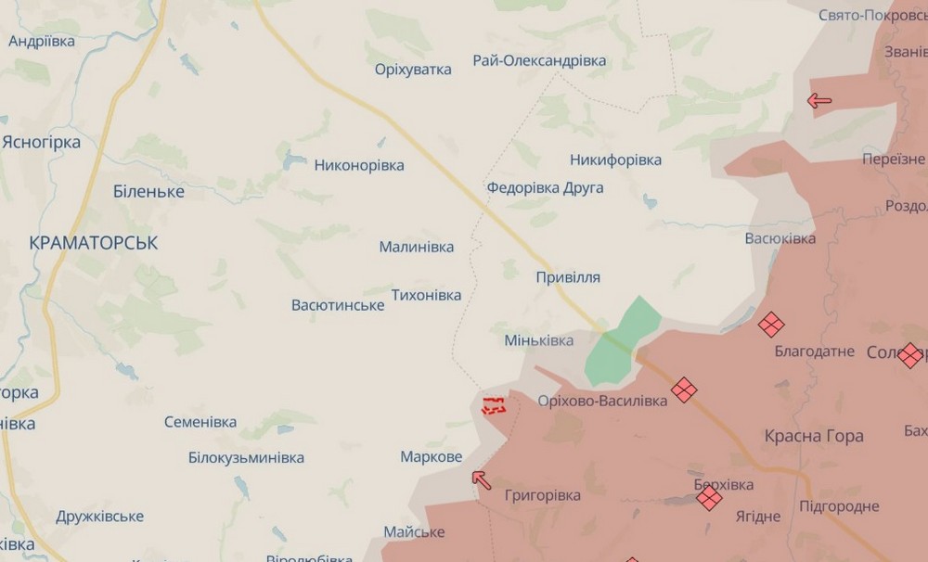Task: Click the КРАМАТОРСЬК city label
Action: coord(94,243)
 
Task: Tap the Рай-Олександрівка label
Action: coord(539,61)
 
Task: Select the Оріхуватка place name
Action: coord(413,70)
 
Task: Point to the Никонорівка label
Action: coord(359,166)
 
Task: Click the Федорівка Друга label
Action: coord(545,188)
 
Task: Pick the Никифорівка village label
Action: coord(615,160)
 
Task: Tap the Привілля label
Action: coord(568,277)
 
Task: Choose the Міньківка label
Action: coord(538,341)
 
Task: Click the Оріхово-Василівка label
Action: coord(602,402)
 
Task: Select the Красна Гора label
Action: coord(814,436)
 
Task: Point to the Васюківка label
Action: coord(780,239)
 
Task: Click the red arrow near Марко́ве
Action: coord(481,479)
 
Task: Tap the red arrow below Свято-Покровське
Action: coord(818,100)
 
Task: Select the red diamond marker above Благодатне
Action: coord(770,325)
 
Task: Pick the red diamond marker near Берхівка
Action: coord(709,498)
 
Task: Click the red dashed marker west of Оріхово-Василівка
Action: coord(494,404)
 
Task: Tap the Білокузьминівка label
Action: coord(246,458)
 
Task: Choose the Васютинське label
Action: coord(338,306)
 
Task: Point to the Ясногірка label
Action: coord(42,143)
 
